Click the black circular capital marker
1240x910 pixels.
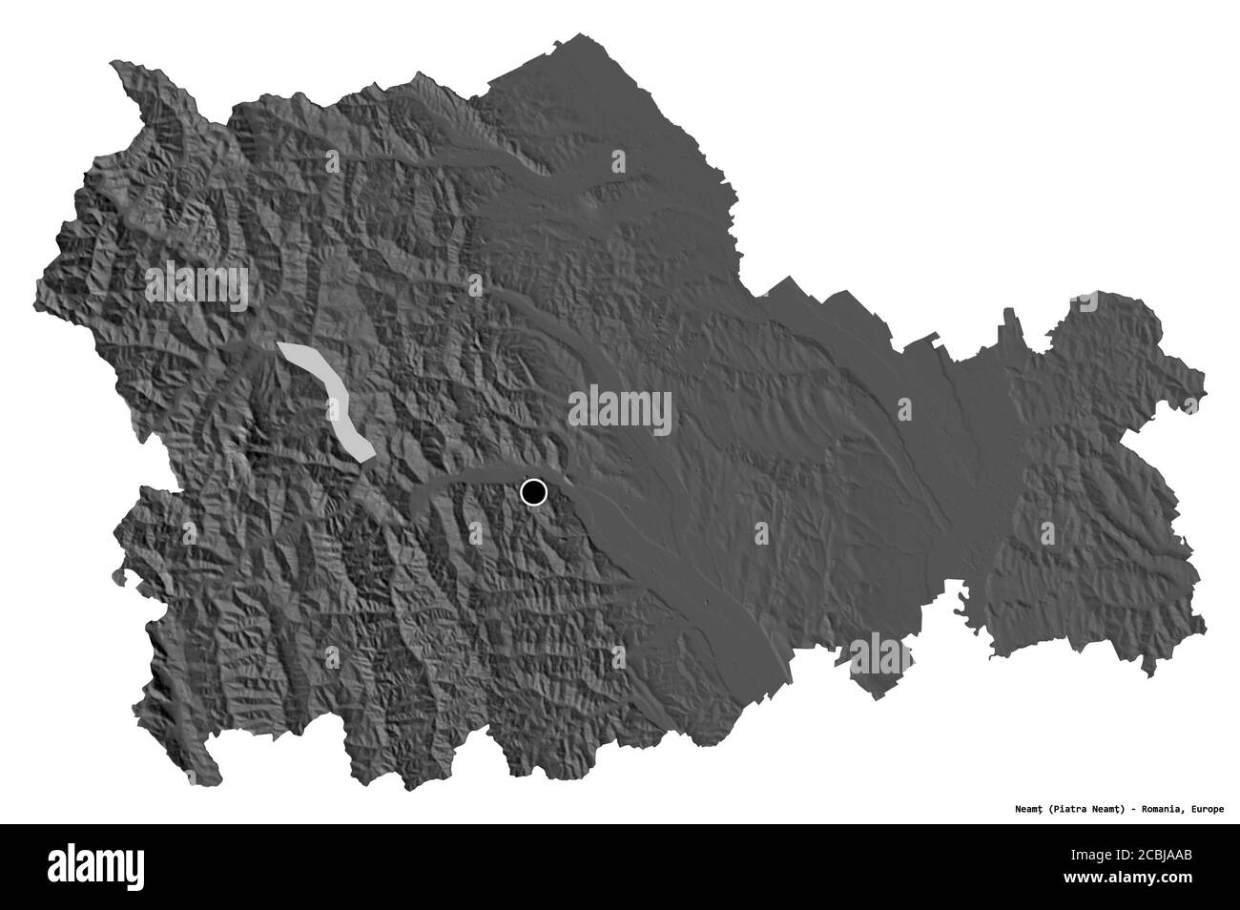533,492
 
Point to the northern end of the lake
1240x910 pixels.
283,348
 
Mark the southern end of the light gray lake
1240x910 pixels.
365,456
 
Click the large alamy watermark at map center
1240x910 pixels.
619,411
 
